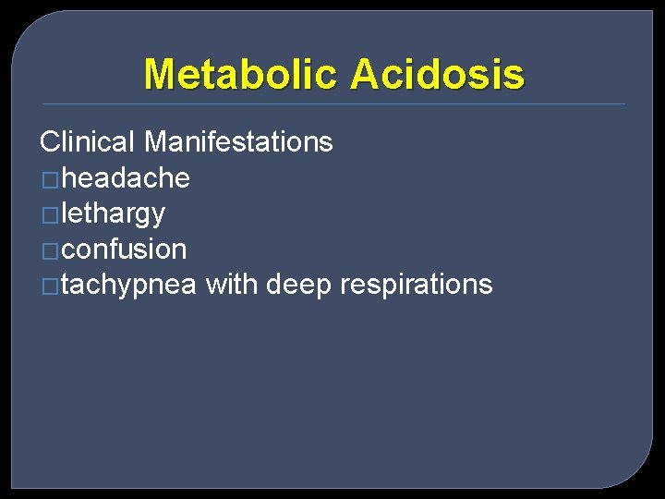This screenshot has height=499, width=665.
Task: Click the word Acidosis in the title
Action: (437, 74)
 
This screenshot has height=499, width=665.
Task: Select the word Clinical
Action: (88, 142)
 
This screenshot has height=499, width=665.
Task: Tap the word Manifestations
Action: (238, 142)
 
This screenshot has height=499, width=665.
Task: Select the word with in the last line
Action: (231, 285)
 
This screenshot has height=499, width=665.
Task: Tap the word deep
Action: (298, 285)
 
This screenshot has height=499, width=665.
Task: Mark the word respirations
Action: (416, 285)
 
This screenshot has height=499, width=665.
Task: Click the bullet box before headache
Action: (50, 179)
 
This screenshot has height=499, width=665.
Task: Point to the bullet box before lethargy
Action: (50, 215)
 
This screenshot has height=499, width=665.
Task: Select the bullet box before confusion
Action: (50, 250)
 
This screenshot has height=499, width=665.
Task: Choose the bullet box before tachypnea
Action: (50, 286)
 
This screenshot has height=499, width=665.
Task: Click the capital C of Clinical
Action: (50, 142)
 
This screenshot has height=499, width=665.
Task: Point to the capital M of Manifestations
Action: (155, 142)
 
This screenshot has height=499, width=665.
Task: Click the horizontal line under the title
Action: (332, 103)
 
